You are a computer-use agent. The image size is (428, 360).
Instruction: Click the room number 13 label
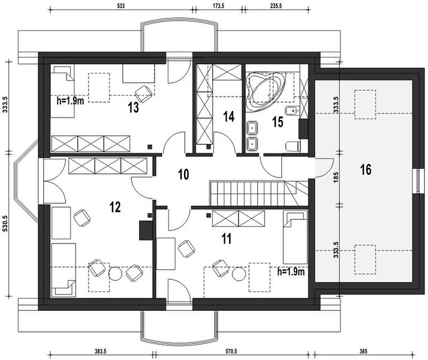point(134,107)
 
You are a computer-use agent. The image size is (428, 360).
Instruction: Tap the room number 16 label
point(366,169)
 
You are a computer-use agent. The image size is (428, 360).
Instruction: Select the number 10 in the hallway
point(183,174)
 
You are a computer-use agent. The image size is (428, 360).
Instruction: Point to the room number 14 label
point(229,116)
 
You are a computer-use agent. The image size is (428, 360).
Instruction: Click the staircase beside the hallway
point(258,193)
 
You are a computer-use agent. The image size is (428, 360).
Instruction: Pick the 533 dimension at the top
point(121,6)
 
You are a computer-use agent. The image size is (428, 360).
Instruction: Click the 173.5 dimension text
point(218,6)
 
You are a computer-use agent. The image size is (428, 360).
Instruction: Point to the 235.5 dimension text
point(276,6)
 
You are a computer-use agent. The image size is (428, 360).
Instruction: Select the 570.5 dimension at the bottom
point(231,352)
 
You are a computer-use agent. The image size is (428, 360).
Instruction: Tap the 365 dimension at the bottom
point(363,352)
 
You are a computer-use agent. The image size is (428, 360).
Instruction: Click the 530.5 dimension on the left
point(5,224)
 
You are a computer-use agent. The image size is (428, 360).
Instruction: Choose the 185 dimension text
point(336,177)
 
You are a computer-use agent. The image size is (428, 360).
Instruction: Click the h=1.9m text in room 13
point(70,101)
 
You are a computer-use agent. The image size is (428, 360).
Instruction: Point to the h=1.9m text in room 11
point(291,272)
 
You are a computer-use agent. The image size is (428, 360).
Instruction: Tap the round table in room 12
point(115,273)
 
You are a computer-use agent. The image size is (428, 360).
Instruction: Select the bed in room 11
point(295,237)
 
